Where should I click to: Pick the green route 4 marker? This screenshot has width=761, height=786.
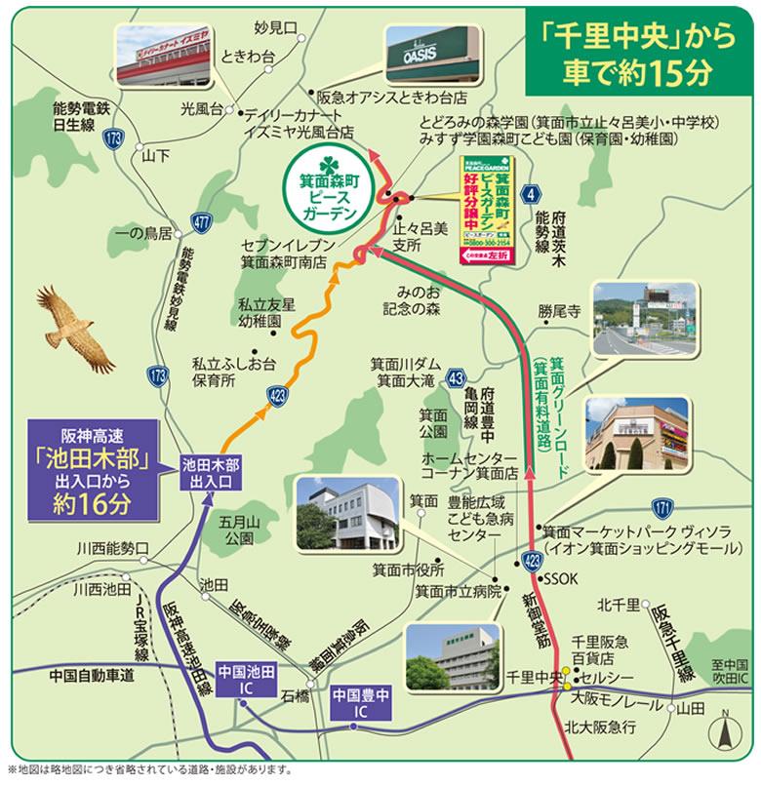(x=530, y=194)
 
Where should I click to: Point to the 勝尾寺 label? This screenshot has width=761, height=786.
(x=559, y=312)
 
